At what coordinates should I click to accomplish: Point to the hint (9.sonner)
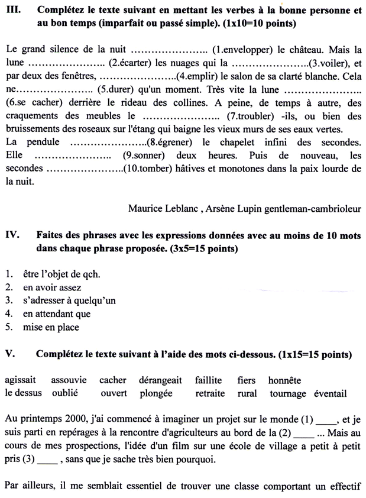145,156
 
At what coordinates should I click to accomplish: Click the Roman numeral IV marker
13,235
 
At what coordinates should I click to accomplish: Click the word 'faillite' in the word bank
208,380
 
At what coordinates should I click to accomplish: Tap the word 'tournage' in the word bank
288,393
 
